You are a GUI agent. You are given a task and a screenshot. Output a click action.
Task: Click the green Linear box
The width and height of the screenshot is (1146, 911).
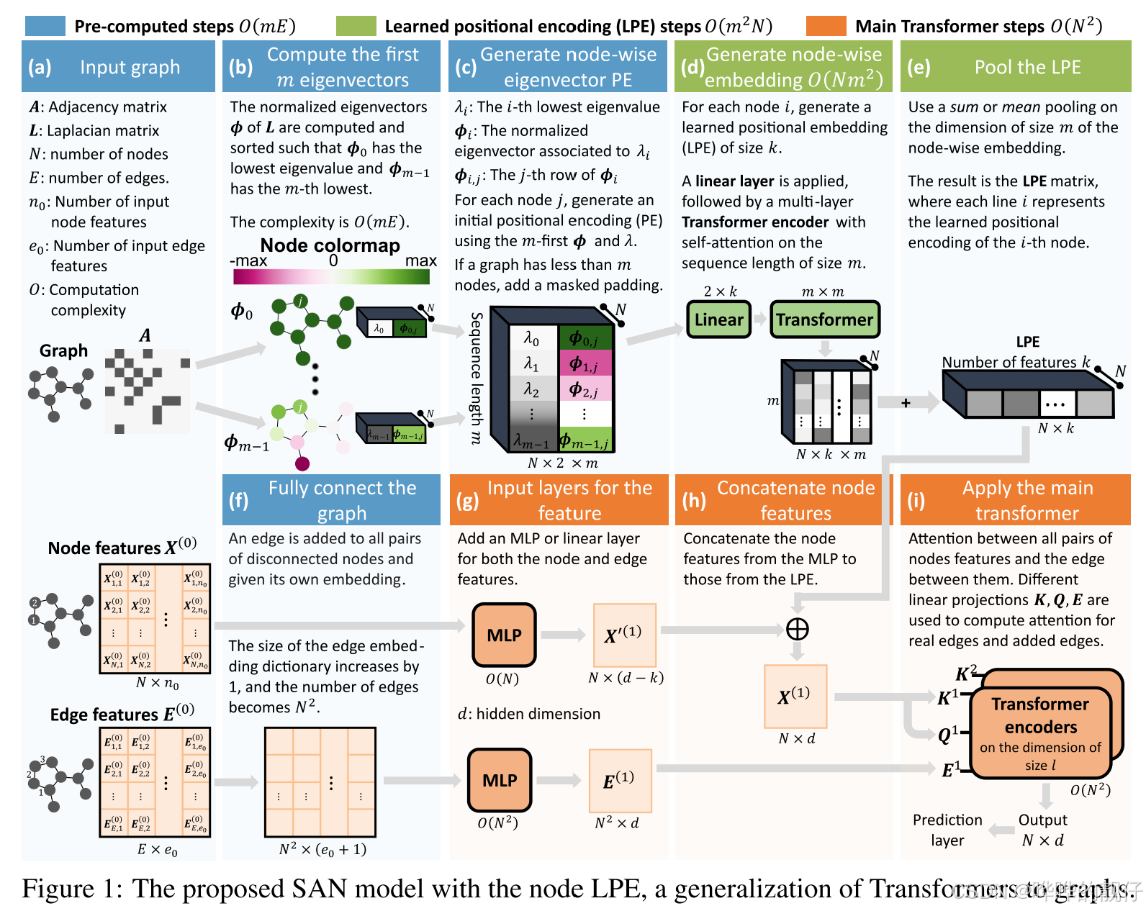click(718, 319)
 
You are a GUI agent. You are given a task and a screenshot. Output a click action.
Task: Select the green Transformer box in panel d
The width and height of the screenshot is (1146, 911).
click(824, 319)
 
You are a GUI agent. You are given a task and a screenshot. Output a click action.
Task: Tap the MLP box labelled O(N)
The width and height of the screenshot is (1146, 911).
click(504, 635)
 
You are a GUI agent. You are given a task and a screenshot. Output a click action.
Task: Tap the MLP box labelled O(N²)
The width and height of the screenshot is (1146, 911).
click(500, 780)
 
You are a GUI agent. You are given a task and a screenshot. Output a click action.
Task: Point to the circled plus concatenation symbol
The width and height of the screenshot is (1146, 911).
click(797, 629)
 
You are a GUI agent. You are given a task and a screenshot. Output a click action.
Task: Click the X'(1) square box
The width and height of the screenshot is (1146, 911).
click(624, 635)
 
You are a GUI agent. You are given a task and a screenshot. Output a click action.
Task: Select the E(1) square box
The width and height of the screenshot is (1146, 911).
click(620, 780)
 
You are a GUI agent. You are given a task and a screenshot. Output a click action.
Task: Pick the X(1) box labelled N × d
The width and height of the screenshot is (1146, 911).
click(795, 696)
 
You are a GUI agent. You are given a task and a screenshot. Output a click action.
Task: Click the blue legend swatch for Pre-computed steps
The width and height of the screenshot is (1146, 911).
click(45, 27)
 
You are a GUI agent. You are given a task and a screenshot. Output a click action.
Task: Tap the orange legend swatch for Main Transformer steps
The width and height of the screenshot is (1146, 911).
click(826, 27)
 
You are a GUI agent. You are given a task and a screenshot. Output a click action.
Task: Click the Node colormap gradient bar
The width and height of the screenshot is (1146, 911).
click(331, 276)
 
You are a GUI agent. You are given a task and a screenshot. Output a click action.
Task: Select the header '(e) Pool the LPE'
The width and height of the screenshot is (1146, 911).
click(1015, 67)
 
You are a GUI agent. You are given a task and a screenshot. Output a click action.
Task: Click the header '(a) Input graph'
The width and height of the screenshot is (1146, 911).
click(118, 67)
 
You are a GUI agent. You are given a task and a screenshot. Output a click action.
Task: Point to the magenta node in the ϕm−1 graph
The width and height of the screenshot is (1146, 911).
click(302, 463)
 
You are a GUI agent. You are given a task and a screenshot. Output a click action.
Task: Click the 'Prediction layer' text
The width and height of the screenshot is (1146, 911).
click(947, 830)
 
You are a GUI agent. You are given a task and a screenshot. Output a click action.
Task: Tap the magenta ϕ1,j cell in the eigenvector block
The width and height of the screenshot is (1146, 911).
click(585, 363)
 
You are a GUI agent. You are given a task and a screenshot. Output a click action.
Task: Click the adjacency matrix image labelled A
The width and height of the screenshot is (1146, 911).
click(148, 391)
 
